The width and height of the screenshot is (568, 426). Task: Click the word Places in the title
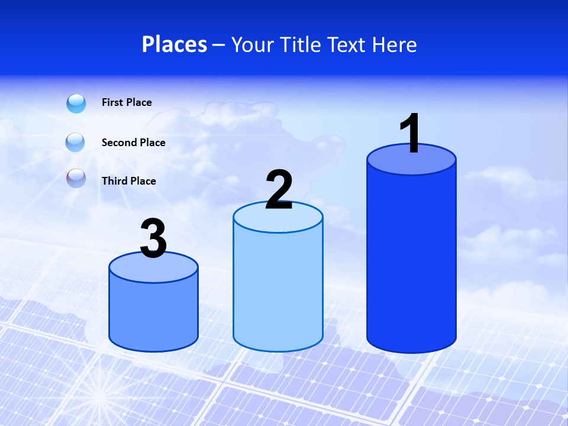pyautogui.click(x=175, y=44)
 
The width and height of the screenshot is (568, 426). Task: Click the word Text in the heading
pyautogui.click(x=347, y=44)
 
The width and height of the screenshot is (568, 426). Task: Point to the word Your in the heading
pyautogui.click(x=253, y=44)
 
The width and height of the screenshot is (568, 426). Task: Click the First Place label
pyautogui.click(x=127, y=102)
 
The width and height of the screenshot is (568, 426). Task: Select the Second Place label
pyautogui.click(x=133, y=143)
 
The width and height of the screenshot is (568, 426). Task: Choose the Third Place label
pyautogui.click(x=128, y=181)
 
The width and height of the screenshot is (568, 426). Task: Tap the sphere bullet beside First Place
pyautogui.click(x=76, y=104)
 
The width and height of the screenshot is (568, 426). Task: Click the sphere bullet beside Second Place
pyautogui.click(x=75, y=143)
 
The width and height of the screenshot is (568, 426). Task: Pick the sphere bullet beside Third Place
pyautogui.click(x=76, y=178)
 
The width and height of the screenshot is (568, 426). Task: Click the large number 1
pyautogui.click(x=410, y=134)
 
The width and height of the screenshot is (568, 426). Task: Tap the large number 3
pyautogui.click(x=154, y=239)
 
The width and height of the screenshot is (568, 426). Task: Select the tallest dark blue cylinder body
pyautogui.click(x=411, y=260)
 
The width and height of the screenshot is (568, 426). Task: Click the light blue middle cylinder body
pyautogui.click(x=278, y=290)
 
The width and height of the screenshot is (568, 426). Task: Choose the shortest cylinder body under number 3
pyautogui.click(x=153, y=314)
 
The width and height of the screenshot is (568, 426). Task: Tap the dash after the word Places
pyautogui.click(x=218, y=45)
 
